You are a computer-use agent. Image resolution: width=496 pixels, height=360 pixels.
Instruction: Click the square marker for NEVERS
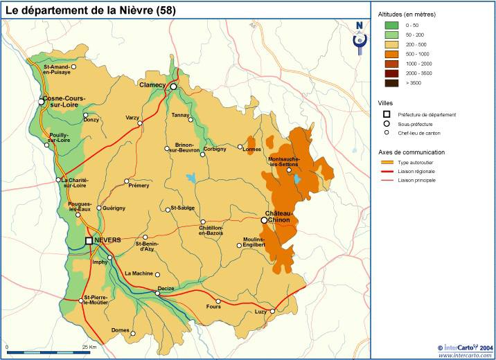pyautogui.click(x=89, y=240)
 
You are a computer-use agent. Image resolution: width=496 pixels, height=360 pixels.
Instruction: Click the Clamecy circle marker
pyautogui.click(x=173, y=87)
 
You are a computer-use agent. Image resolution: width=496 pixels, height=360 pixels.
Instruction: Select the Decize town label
pyautogui.click(x=166, y=287)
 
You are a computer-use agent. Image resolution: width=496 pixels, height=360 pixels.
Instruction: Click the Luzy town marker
pyautogui.click(x=272, y=311)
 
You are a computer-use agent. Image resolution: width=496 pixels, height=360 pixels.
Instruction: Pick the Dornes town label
pyautogui.click(x=120, y=331)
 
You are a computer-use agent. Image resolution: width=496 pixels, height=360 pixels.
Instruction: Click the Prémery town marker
pyautogui.click(x=127, y=181)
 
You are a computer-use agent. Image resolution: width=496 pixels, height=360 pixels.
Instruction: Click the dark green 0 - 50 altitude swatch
pyautogui.click(x=391, y=25)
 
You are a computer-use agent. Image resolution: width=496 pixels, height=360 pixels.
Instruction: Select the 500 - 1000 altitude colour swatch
pyautogui.click(x=391, y=54)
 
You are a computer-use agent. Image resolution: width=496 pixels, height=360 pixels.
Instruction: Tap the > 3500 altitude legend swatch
pyautogui.click(x=391, y=83)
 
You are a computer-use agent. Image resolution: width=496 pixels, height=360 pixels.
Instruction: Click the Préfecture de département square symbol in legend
pyautogui.click(x=387, y=114)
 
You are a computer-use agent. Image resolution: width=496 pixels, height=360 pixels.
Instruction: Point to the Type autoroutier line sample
pyautogui.click(x=391, y=161)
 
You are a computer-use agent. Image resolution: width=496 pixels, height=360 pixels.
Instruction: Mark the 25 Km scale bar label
pyautogui.click(x=89, y=346)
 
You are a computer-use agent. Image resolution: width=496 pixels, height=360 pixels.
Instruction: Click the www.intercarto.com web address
pyautogui.click(x=466, y=355)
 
